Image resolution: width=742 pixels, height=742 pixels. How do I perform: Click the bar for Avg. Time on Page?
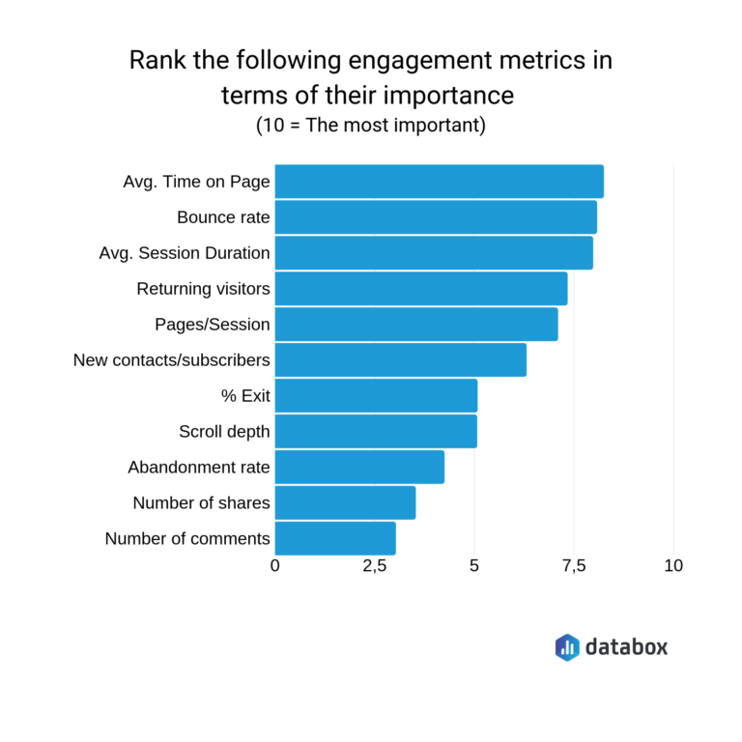click(440, 182)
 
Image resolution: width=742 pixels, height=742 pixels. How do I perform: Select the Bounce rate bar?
click(436, 217)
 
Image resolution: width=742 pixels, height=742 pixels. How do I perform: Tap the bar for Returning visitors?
click(421, 289)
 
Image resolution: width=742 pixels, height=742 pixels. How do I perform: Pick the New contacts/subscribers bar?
click(401, 360)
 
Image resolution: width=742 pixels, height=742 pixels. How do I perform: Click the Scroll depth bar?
click(376, 432)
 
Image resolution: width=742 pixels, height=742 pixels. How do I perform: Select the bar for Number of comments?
click(335, 538)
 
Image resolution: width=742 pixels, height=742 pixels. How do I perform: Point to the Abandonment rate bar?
click(359, 468)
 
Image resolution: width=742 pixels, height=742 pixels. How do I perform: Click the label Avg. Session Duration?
click(184, 253)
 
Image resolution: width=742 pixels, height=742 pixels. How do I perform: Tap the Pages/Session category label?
click(212, 325)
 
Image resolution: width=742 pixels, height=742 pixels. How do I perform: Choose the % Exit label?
click(245, 396)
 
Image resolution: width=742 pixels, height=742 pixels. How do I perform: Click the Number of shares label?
click(201, 503)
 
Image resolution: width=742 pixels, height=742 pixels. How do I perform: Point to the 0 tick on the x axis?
click(275, 566)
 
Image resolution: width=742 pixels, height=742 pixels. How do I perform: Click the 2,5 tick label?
click(375, 566)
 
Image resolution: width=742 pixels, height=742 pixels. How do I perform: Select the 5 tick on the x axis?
click(474, 566)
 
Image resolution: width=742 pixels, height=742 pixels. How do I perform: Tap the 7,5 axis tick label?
click(574, 566)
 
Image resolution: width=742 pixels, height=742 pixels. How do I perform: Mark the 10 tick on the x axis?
click(673, 566)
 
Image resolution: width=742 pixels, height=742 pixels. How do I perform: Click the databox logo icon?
click(567, 646)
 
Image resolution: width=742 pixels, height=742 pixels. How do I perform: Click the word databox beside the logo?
click(626, 646)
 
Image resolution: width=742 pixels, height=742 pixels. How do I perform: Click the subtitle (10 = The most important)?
click(370, 126)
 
